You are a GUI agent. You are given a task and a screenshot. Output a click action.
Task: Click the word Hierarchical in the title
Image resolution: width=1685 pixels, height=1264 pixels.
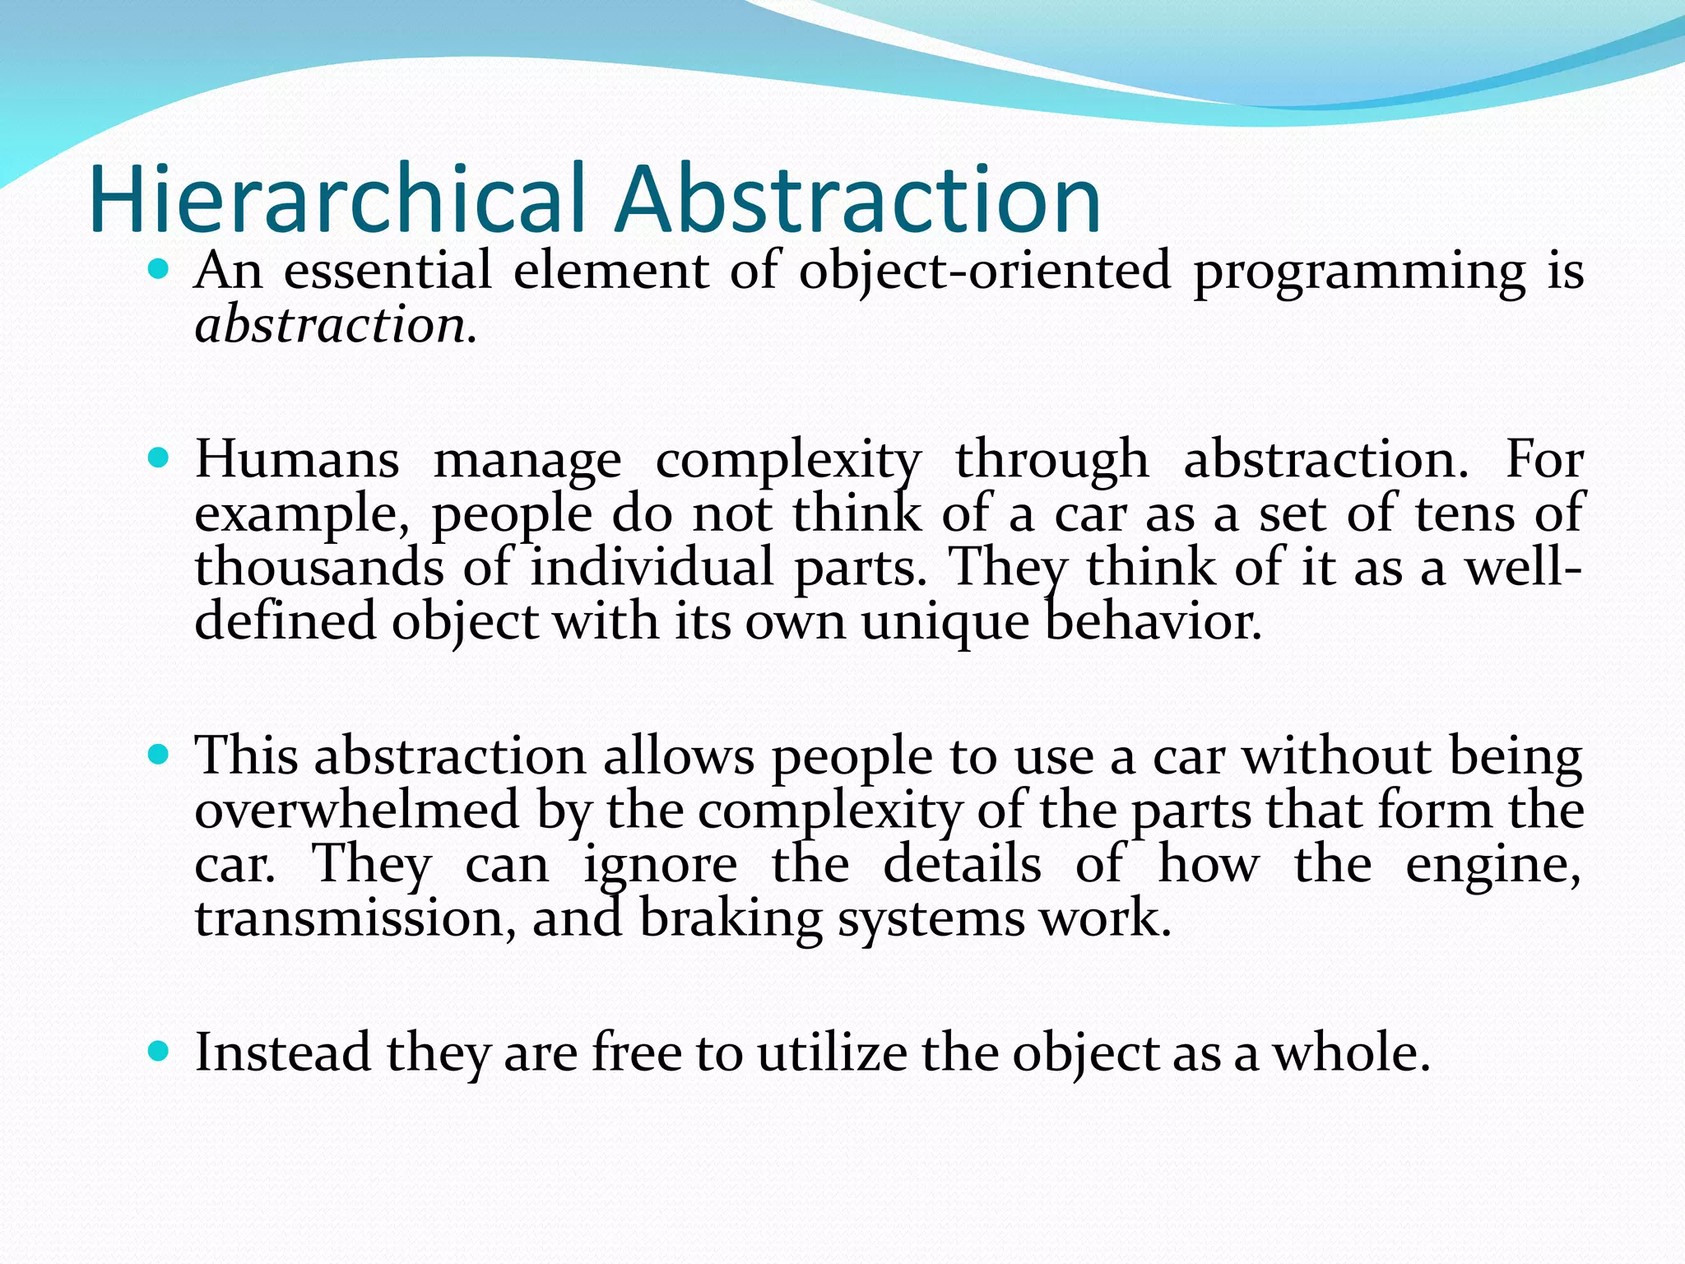click(x=337, y=200)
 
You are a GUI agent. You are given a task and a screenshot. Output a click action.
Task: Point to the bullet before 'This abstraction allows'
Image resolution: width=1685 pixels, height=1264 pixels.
click(x=159, y=754)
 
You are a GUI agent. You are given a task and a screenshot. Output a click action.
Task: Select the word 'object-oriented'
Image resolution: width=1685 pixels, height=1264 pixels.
click(x=984, y=271)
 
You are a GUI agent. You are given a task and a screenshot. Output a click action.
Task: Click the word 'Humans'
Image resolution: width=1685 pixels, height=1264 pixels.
click(x=297, y=459)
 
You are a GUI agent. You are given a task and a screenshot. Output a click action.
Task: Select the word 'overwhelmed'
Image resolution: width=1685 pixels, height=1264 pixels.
click(x=357, y=810)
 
